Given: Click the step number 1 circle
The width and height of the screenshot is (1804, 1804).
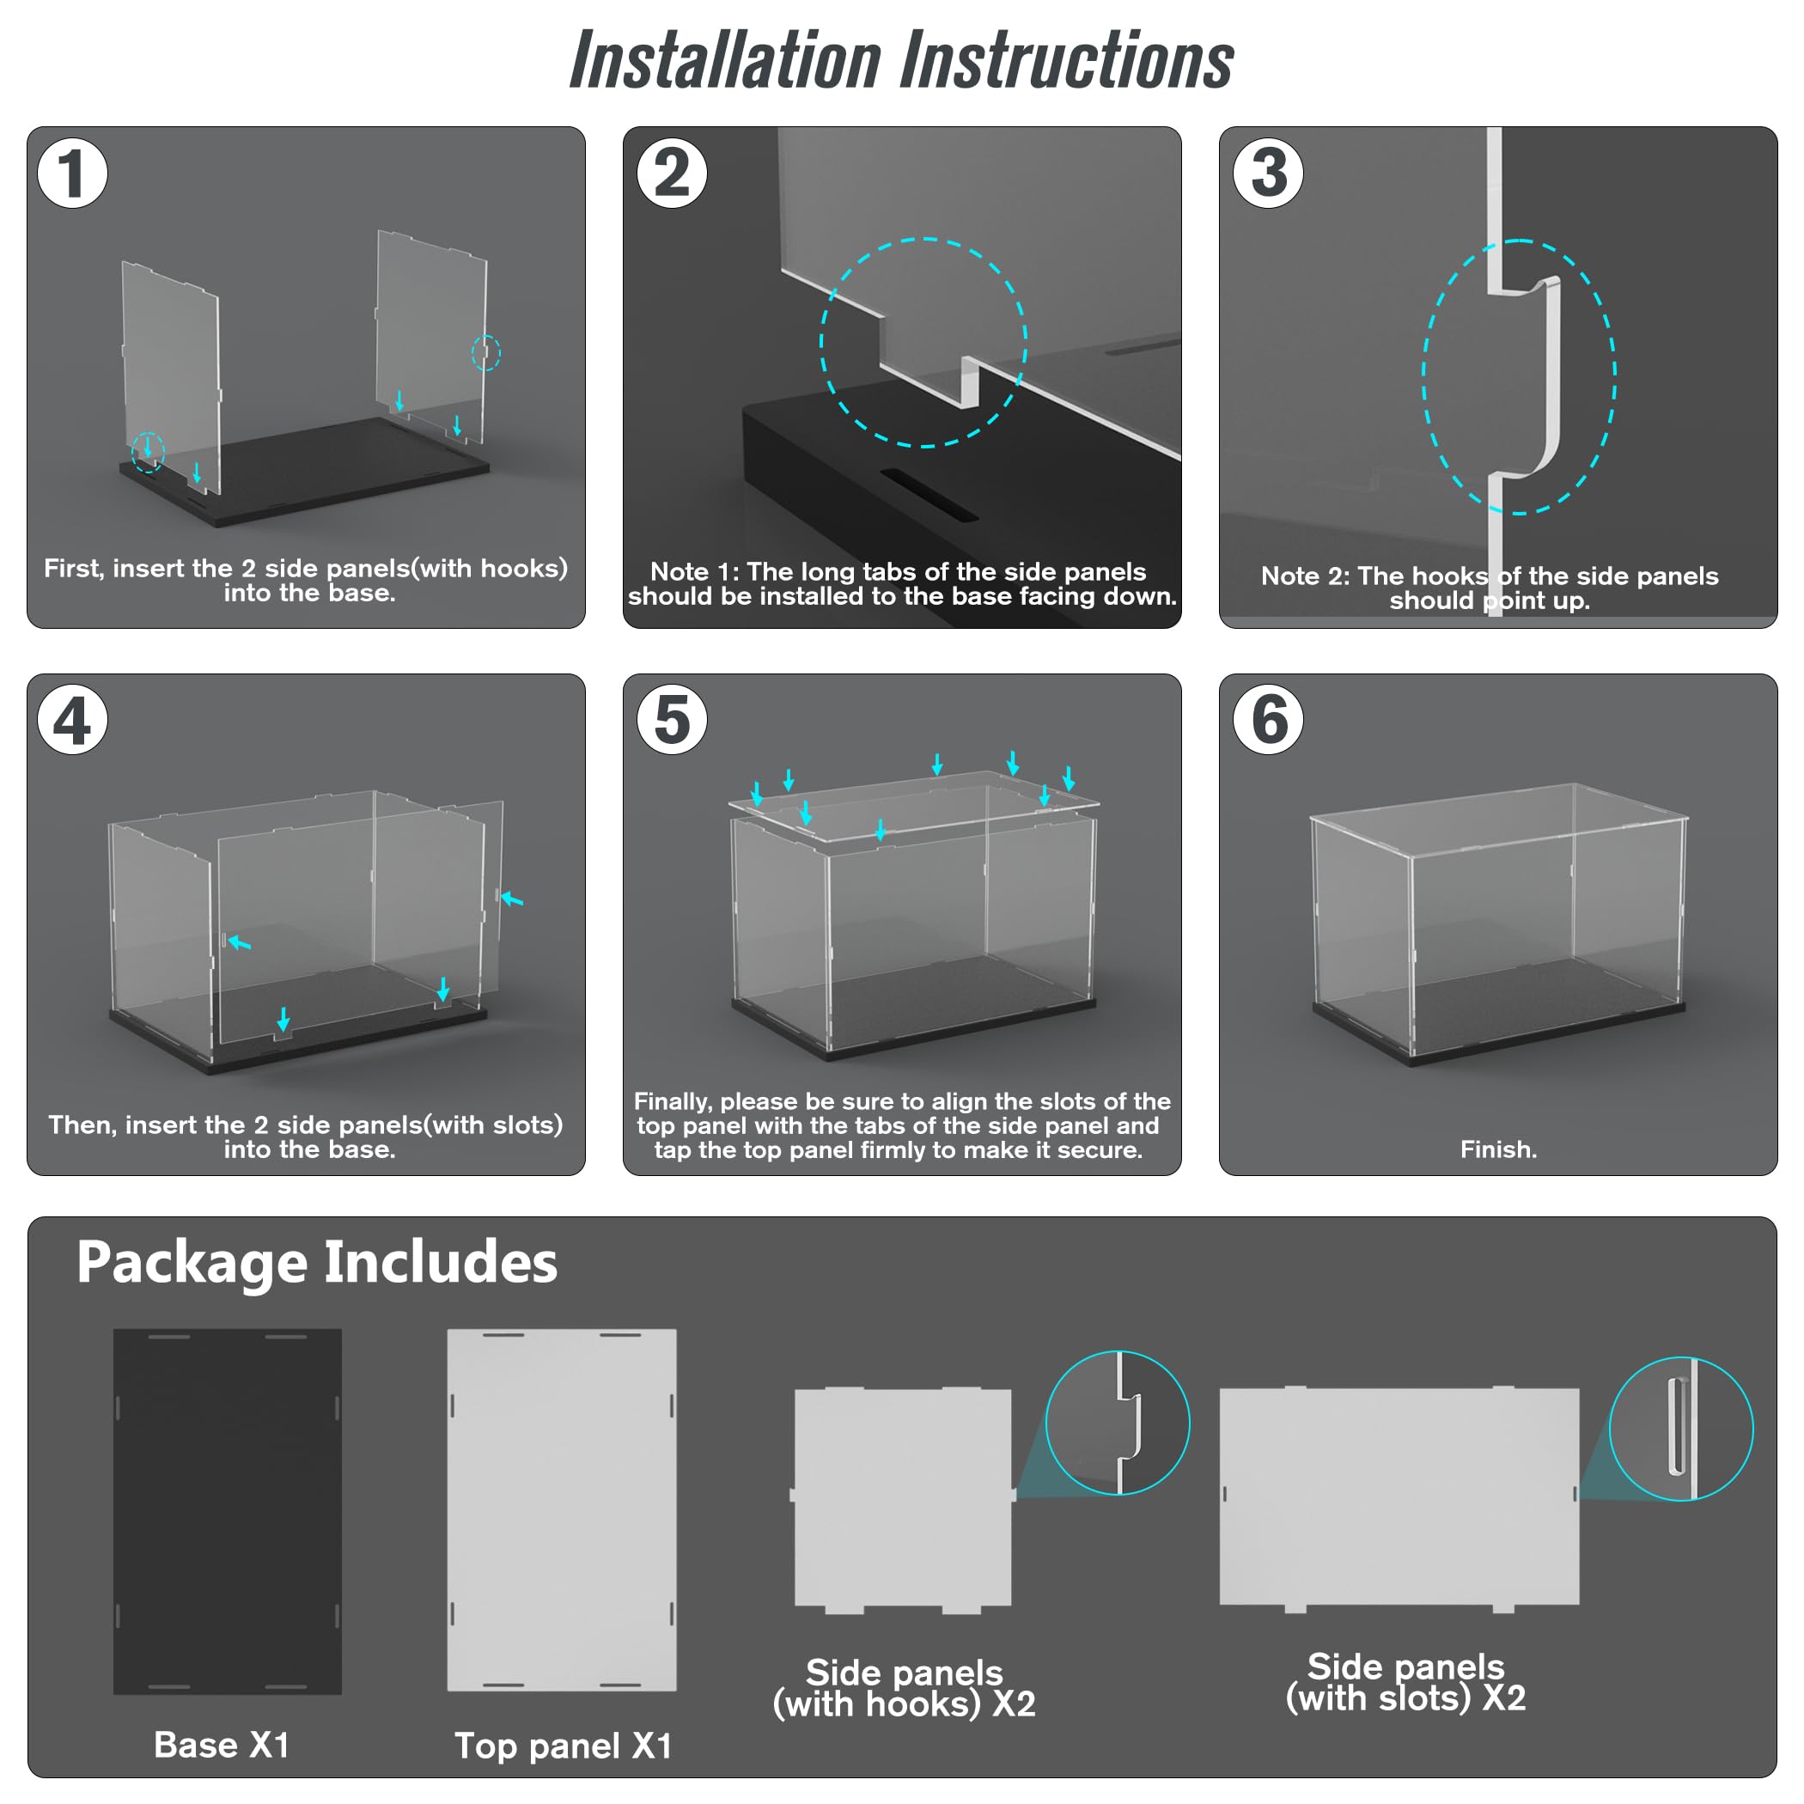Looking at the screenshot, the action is coord(73,173).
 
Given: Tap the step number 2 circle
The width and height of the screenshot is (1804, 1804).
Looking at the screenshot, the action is coord(672,173).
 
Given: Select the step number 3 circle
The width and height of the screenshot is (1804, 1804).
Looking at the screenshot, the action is coord(1268,173).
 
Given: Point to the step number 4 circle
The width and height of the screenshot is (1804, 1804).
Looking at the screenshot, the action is coord(73,720).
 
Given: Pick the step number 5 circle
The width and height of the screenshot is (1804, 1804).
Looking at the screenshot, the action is coord(672,720).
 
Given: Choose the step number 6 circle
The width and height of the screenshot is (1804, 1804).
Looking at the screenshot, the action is coord(1268,720).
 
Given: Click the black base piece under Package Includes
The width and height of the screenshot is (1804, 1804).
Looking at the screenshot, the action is coord(227,1511).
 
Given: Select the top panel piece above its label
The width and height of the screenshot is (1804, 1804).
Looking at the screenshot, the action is coord(561,1510).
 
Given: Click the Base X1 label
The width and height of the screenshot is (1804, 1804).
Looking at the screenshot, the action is coord(222,1744).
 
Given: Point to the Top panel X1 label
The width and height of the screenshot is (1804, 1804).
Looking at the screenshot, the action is coord(563,1746).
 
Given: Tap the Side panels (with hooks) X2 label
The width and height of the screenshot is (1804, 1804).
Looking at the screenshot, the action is coord(904,1687).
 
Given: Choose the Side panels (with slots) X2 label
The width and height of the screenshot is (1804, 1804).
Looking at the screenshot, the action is coord(1405,1682).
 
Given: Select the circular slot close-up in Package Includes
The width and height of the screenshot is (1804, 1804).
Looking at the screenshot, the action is coord(1681,1429).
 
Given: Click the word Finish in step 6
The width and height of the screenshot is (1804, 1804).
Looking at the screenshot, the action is coord(1497,1149).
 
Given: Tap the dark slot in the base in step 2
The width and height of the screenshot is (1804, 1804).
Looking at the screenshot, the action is coord(929,494).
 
